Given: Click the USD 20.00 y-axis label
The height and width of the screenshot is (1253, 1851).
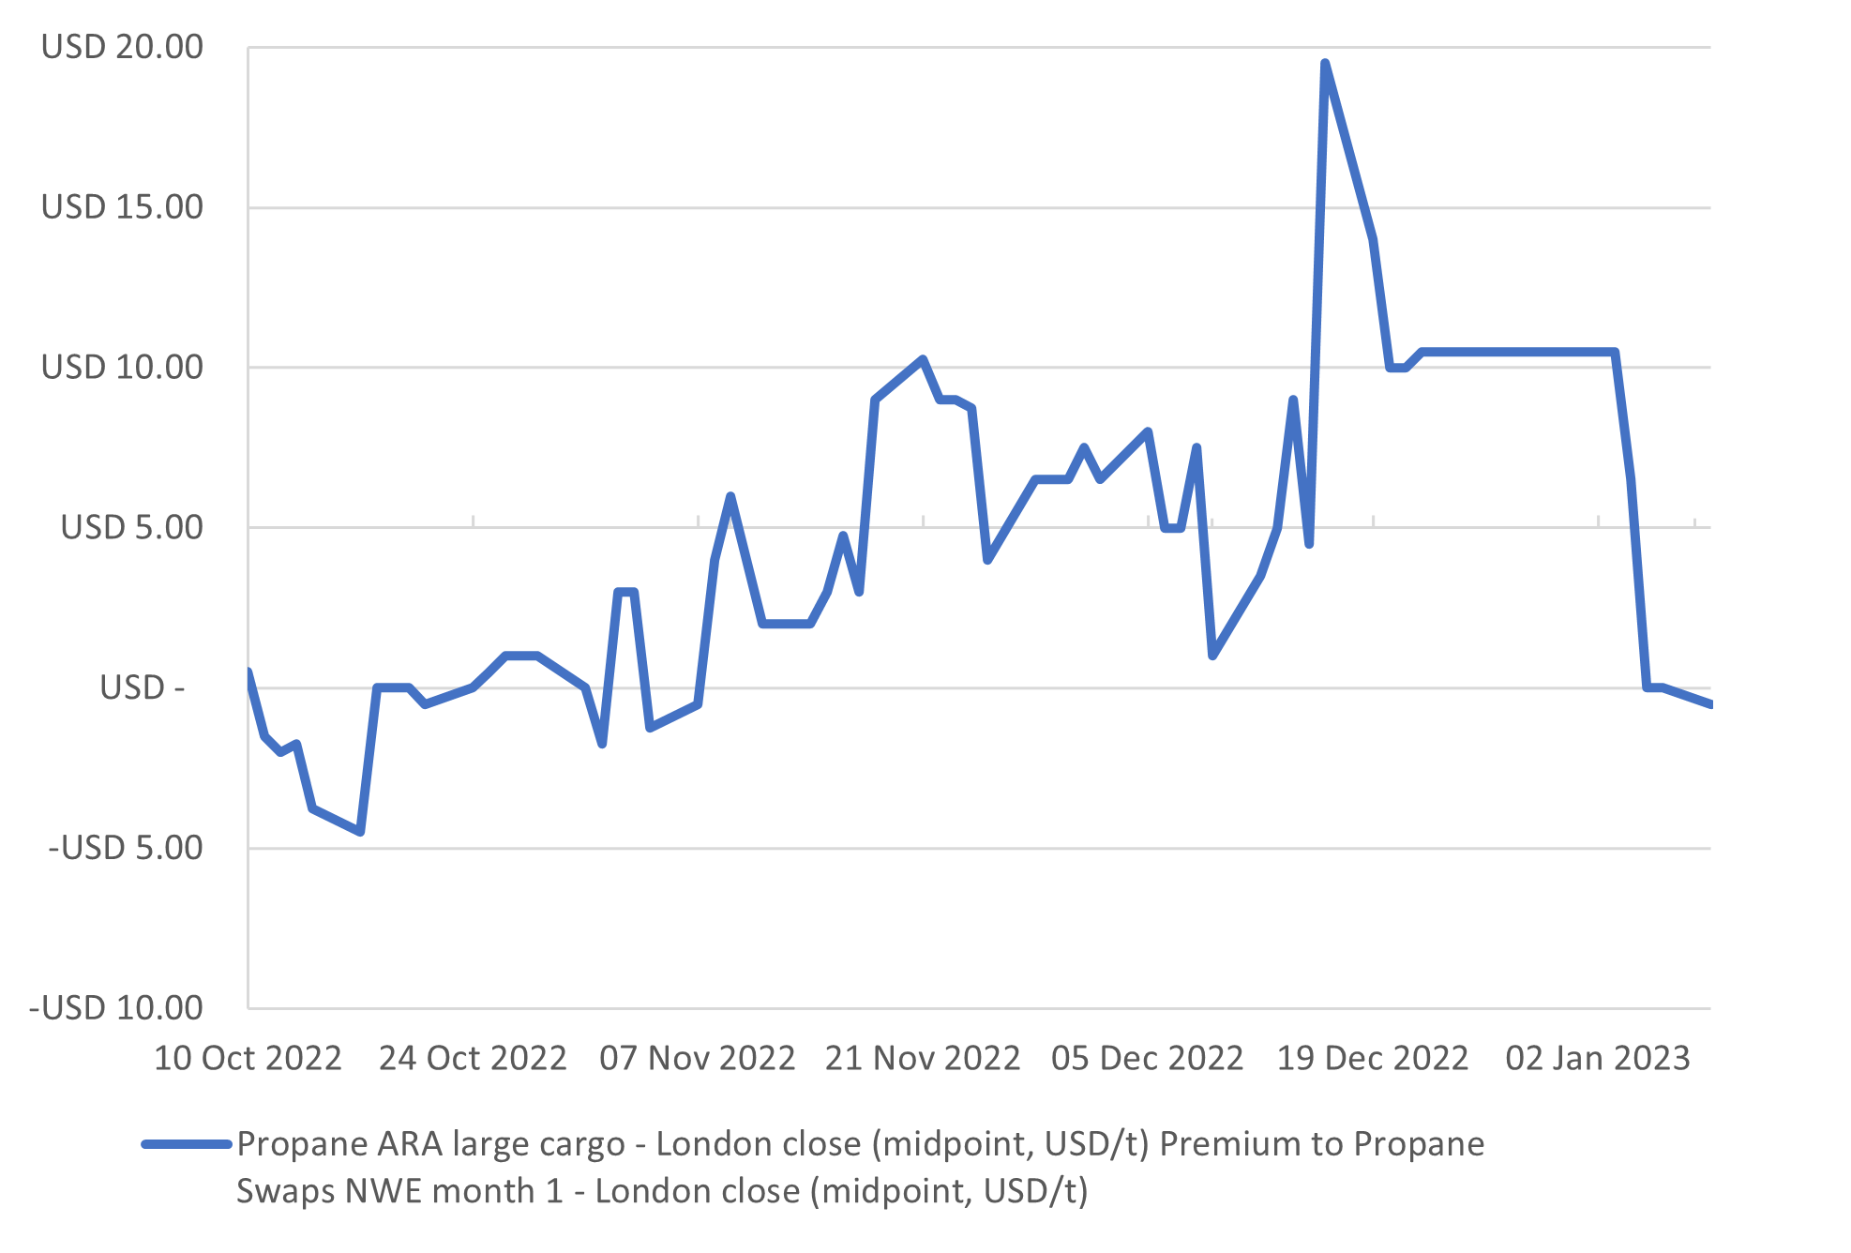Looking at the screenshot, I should coord(122,47).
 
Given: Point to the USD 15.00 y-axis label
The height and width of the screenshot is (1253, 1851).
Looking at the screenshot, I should coord(122,207).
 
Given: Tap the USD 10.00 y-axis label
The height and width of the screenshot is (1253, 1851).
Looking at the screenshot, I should coord(122,368).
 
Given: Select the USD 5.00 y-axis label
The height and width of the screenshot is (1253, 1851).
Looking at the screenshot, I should coord(131,528).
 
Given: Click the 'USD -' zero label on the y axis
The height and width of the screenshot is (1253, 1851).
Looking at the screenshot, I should coord(142,688).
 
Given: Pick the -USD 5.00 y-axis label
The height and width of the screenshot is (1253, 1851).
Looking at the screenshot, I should coord(126,849).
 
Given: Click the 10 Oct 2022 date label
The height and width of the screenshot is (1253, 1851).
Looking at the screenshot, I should coord(248,1059).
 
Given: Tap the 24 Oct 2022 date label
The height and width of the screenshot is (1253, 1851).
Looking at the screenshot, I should coord(473,1059).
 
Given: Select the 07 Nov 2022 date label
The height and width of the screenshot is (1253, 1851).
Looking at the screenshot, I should coord(698,1059).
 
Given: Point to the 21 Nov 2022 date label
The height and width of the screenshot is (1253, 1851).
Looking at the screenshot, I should coord(923,1059).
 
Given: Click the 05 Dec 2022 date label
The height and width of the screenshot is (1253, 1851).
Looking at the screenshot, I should coord(1148,1059).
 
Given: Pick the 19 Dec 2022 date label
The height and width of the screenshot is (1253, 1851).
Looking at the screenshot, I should coord(1373,1059).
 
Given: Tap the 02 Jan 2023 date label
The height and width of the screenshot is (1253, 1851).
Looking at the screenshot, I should coord(1598,1059).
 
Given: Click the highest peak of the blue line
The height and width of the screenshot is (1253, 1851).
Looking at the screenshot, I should coord(1325,63).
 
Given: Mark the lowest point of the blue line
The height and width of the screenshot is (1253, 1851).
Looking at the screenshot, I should coord(360,832).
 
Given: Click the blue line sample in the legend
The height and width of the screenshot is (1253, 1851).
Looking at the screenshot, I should coord(186,1144).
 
